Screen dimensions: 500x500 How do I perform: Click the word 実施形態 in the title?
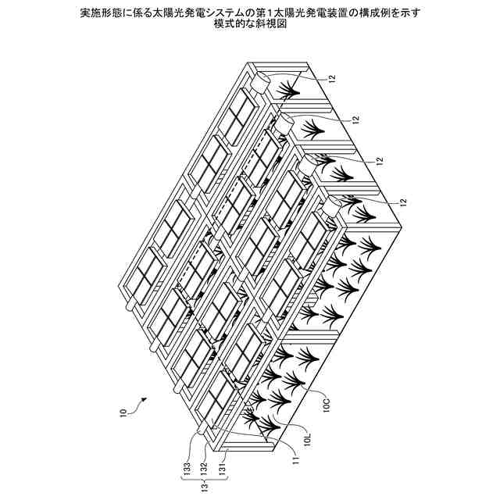(x=102, y=12)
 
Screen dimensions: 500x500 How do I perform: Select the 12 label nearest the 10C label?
(x=403, y=202)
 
